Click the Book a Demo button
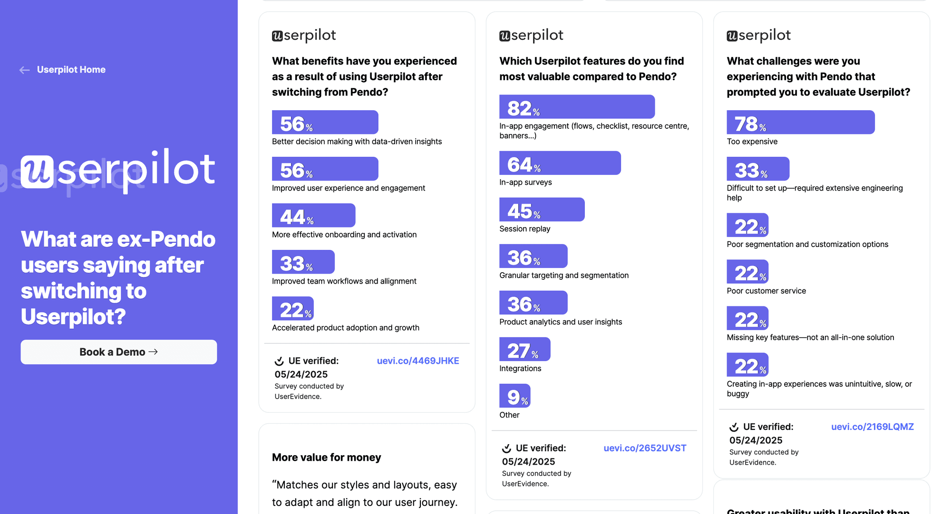coord(118,352)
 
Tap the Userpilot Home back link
coord(71,70)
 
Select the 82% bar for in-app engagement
coord(577,107)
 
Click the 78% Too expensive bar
coord(800,123)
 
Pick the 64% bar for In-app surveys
coord(560,163)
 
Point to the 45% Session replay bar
coord(542,209)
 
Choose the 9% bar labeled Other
coord(514,396)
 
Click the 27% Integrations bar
coord(524,349)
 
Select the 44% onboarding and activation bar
coord(313,216)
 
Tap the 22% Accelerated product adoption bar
coord(292,309)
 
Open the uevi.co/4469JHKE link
coord(417,361)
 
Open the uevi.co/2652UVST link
coord(645,448)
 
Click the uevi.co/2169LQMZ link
coord(872,427)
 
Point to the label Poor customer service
coord(766,291)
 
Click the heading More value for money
coord(326,457)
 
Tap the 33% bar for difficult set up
coord(757,169)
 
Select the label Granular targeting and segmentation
coord(563,276)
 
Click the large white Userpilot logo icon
coord(37,171)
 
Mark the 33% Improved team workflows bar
coord(303,262)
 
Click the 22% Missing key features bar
coord(747,318)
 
